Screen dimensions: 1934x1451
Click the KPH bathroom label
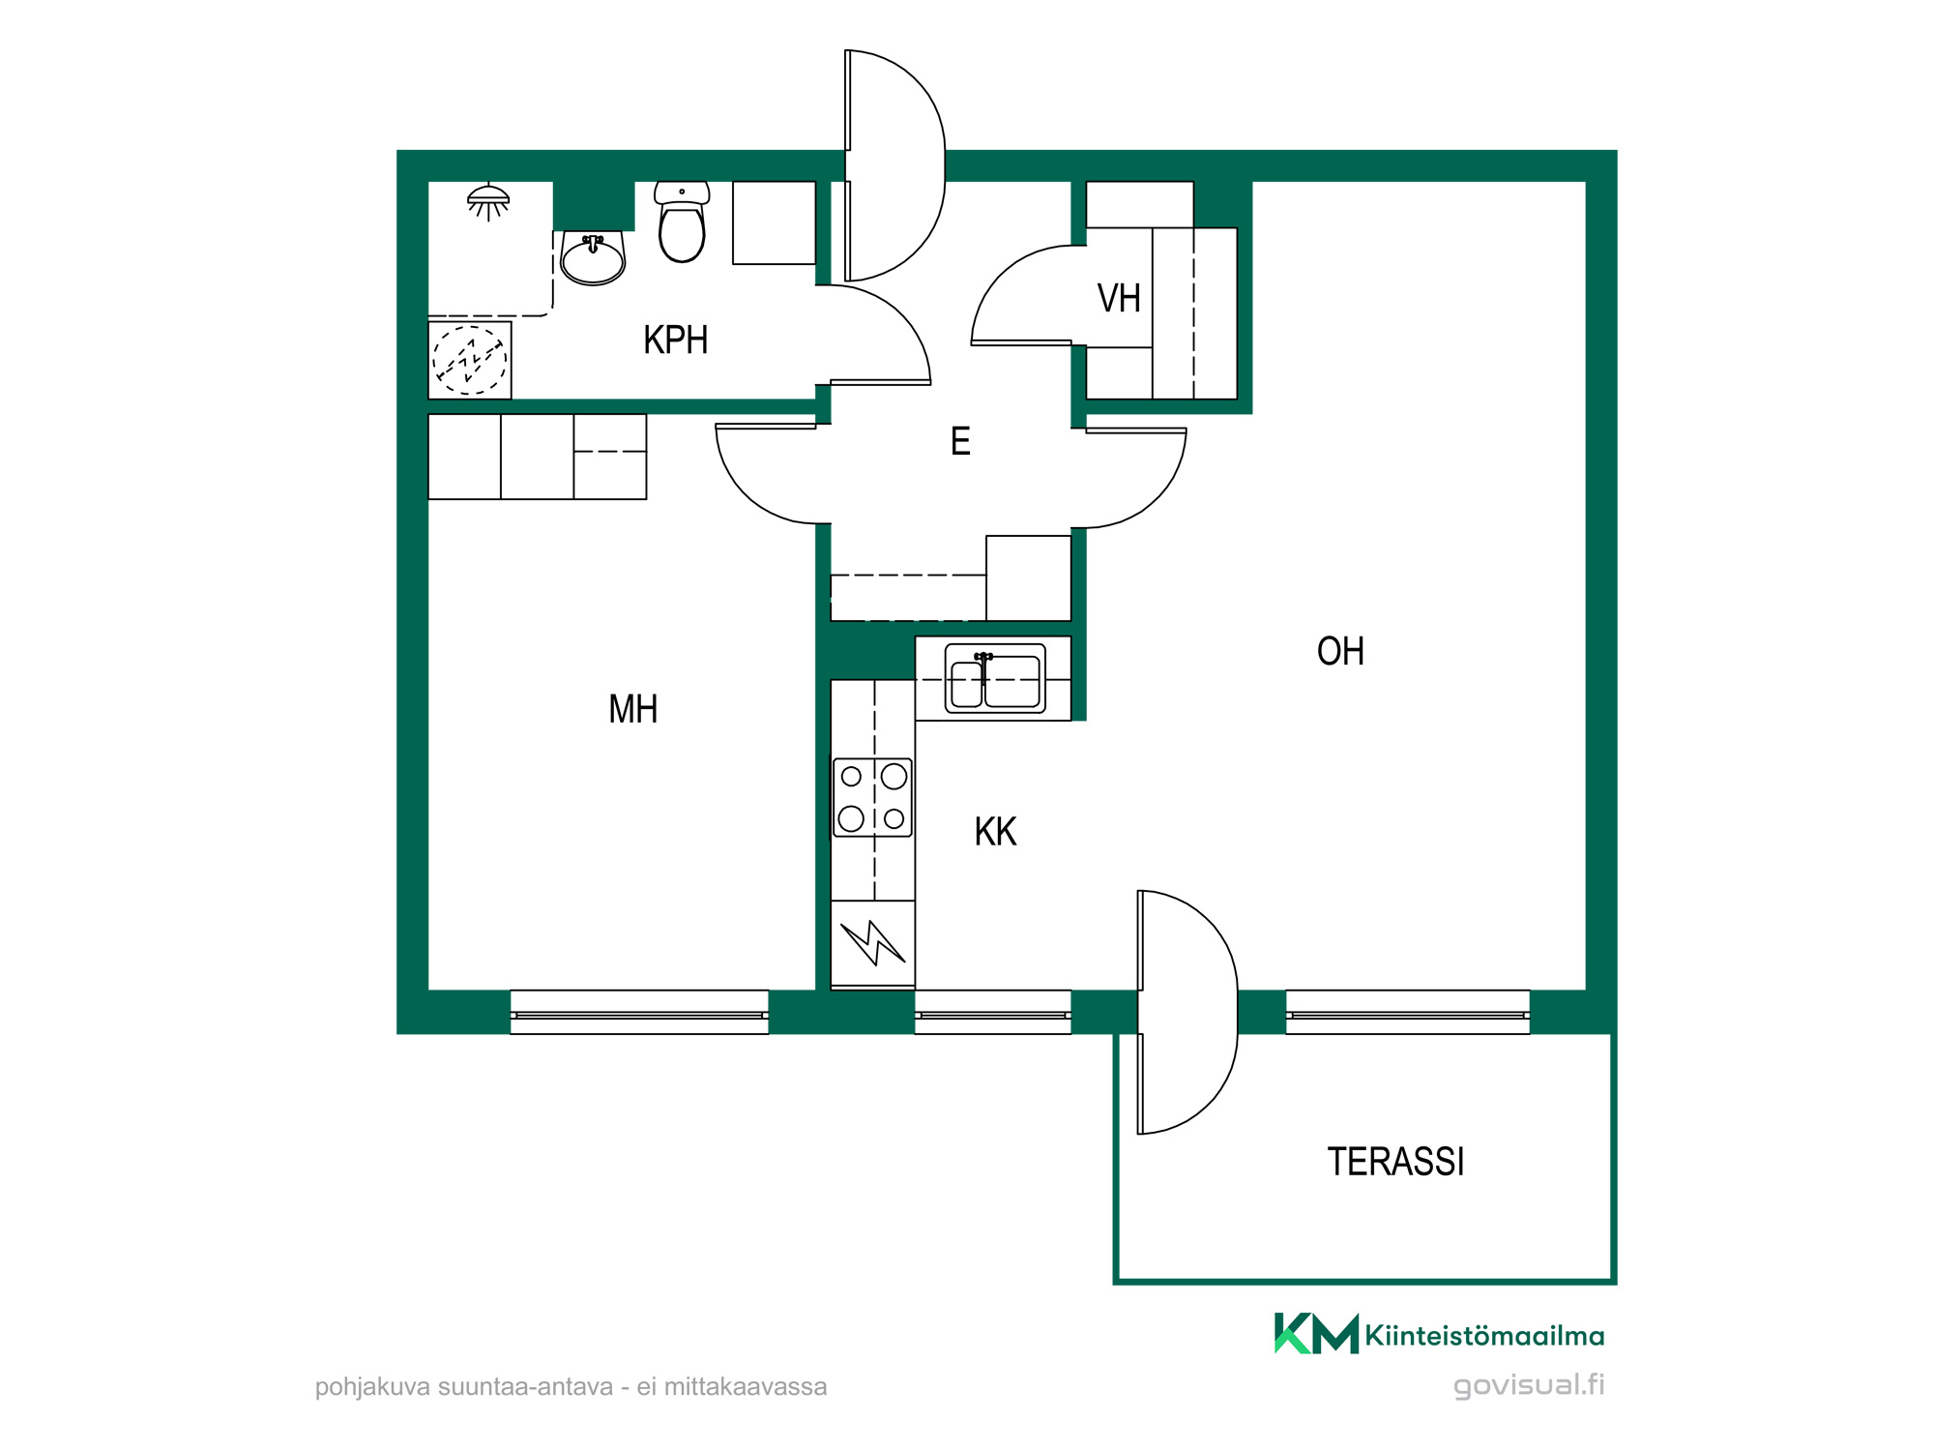pyautogui.click(x=676, y=341)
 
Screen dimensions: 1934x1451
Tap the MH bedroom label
pyautogui.click(x=633, y=709)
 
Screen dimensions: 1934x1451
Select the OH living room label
pyautogui.click(x=1340, y=651)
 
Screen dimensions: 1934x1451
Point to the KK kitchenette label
pyautogui.click(x=995, y=832)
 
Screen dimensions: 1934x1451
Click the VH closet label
pyautogui.click(x=1119, y=298)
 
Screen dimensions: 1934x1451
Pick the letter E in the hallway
pyautogui.click(x=960, y=441)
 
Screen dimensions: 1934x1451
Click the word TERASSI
pyautogui.click(x=1395, y=1162)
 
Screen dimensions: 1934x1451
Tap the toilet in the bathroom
pyautogui.click(x=682, y=222)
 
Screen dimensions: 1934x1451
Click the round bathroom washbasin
pyautogui.click(x=593, y=259)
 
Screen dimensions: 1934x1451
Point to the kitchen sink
pyautogui.click(x=995, y=679)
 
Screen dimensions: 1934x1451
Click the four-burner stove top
pyautogui.click(x=872, y=797)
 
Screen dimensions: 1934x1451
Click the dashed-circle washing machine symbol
pyautogui.click(x=470, y=360)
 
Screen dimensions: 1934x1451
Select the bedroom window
pyautogui.click(x=639, y=1013)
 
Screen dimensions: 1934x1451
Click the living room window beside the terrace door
pyautogui.click(x=1408, y=1013)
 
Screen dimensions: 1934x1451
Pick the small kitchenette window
pyautogui.click(x=993, y=1013)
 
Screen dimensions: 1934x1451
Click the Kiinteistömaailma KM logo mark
pyautogui.click(x=1316, y=1334)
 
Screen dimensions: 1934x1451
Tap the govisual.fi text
pyautogui.click(x=1529, y=1384)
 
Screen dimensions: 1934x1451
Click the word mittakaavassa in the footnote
pyautogui.click(x=746, y=1387)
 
